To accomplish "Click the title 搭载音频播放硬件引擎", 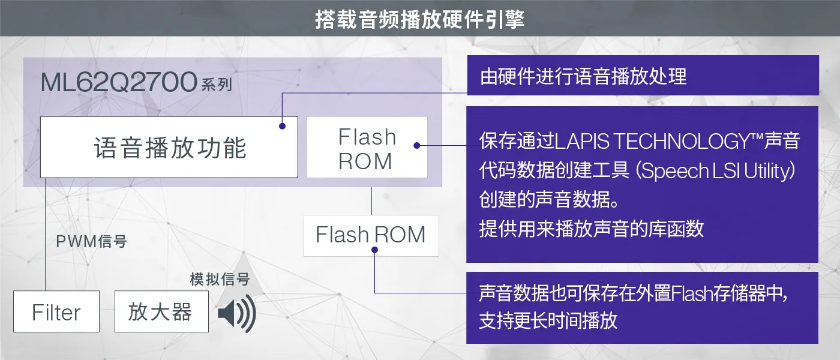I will [x=420, y=19].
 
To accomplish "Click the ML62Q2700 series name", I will [x=119, y=82].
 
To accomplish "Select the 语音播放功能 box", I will [x=169, y=148].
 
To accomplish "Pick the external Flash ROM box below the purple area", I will [x=371, y=235].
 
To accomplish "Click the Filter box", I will [x=56, y=312].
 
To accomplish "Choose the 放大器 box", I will [x=161, y=312].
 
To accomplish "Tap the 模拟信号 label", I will [x=220, y=279].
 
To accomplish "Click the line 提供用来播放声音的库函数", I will [x=591, y=229].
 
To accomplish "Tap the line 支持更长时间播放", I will [x=548, y=320].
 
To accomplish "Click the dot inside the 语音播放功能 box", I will [x=281, y=126].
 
